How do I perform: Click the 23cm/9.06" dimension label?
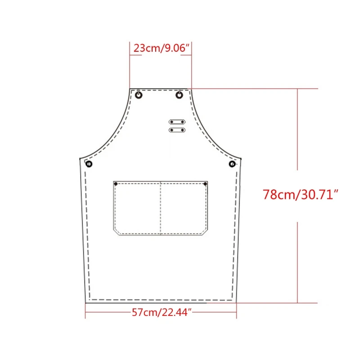click(x=161, y=48)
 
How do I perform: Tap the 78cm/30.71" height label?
click(x=301, y=195)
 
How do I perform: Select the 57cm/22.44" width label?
click(x=162, y=311)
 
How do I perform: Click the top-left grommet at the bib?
click(x=139, y=94)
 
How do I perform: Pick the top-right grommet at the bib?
click(x=180, y=94)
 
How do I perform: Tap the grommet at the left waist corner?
click(x=89, y=164)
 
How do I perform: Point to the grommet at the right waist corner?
click(x=232, y=164)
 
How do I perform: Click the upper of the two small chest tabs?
click(x=177, y=122)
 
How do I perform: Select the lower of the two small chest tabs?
click(x=177, y=130)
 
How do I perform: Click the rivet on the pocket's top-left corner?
click(x=116, y=184)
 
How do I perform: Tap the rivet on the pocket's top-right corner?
click(x=205, y=184)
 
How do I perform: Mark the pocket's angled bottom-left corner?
click(x=116, y=233)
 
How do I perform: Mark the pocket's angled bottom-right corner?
click(x=205, y=233)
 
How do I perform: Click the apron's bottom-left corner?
click(x=85, y=302)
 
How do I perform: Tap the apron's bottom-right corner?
click(x=237, y=302)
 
